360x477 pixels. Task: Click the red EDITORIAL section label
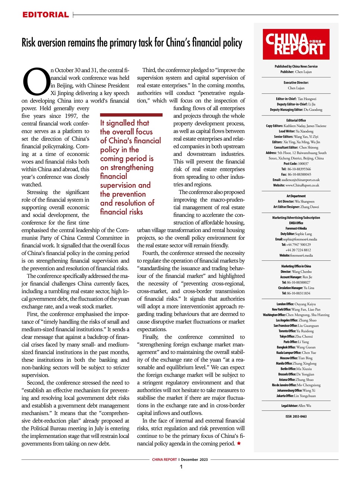click(45, 15)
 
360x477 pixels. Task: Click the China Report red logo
click(296, 44)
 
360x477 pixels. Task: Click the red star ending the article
click(239, 443)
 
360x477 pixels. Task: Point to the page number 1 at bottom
click(181, 467)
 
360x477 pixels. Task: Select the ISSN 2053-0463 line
click(296, 416)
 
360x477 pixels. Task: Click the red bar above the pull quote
click(131, 115)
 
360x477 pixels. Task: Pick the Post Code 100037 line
click(296, 164)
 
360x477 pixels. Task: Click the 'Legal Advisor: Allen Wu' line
click(296, 405)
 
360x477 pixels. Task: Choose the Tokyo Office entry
click(296, 336)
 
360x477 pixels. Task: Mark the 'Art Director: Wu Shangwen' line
click(296, 201)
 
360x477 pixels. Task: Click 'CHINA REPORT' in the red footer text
click(164, 459)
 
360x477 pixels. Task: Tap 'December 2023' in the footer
click(194, 459)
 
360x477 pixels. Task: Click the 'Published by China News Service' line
click(296, 66)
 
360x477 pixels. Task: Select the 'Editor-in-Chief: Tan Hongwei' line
click(296, 99)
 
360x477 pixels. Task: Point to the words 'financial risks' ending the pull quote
click(121, 212)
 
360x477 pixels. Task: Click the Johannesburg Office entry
click(296, 390)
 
